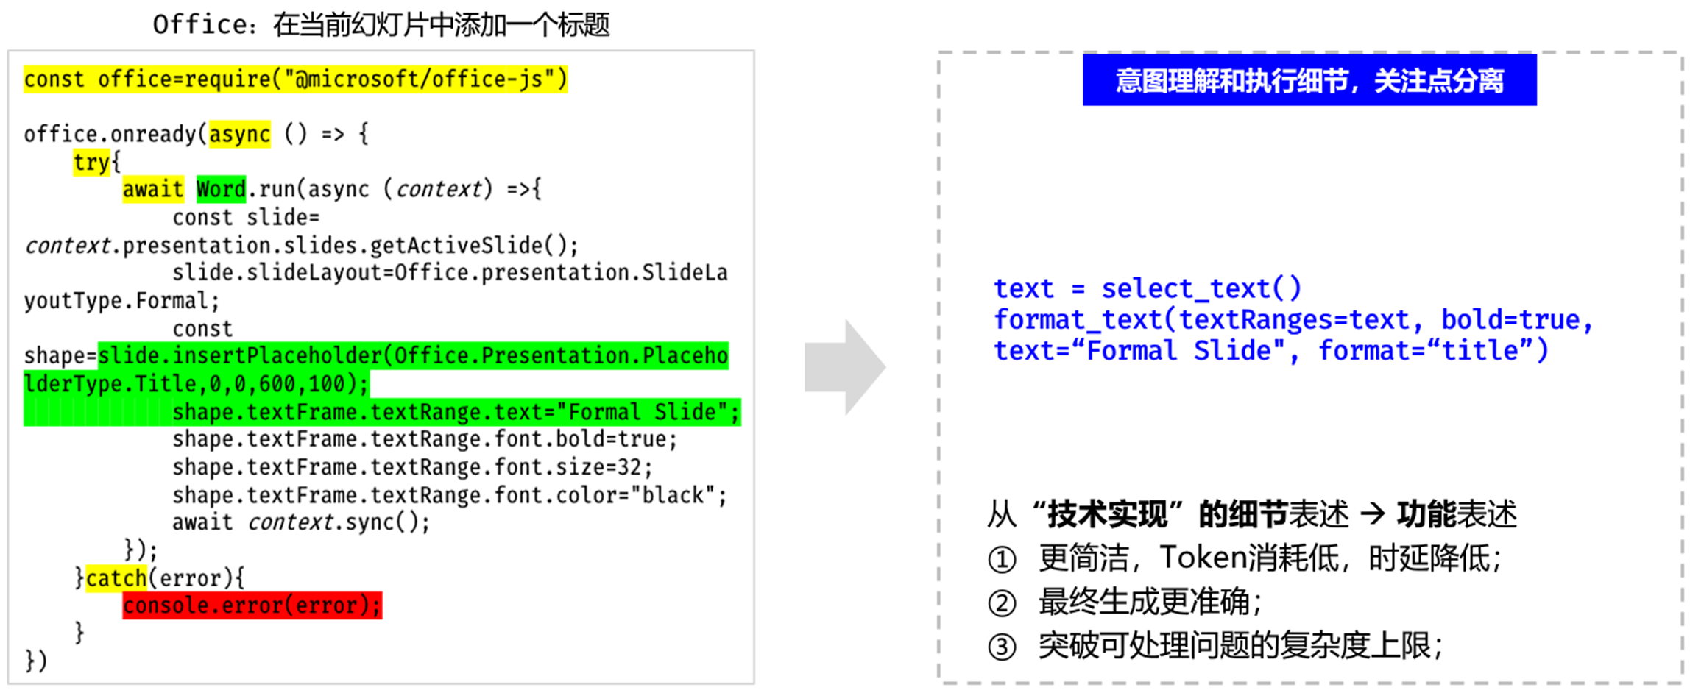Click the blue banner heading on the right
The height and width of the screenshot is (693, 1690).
[1309, 80]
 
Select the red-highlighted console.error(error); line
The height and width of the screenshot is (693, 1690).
[252, 605]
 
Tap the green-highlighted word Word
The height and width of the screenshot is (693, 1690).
[221, 189]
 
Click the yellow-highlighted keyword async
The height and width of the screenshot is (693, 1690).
[239, 134]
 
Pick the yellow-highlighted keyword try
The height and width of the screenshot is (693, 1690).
[91, 162]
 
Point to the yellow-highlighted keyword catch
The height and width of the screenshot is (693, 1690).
[116, 578]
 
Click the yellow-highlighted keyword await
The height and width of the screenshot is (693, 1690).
[152, 189]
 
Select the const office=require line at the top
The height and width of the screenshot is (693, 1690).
[295, 79]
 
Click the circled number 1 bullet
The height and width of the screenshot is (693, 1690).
[1002, 560]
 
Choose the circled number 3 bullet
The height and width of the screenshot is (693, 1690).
[1002, 647]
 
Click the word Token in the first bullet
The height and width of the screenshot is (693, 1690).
[1203, 558]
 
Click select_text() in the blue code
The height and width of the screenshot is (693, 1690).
[1201, 288]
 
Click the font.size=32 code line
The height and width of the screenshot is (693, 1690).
[412, 468]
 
